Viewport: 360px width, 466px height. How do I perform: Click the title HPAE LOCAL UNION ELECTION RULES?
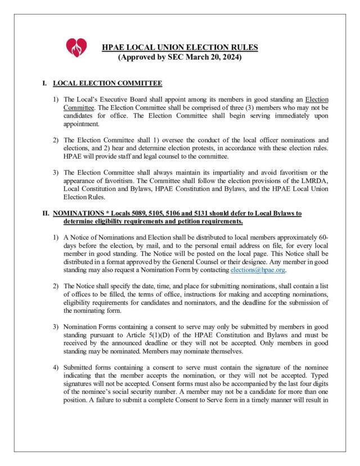[180, 47]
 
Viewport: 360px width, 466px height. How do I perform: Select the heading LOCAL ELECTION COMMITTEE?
[107, 83]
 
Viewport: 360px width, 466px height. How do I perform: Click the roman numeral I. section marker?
[44, 83]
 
